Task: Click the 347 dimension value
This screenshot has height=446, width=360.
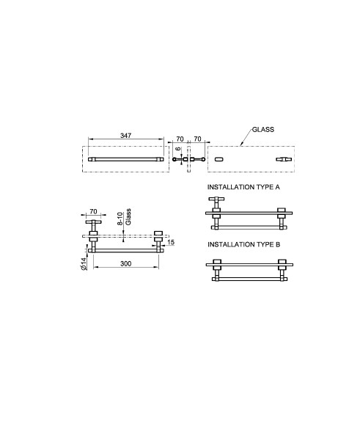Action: (125, 136)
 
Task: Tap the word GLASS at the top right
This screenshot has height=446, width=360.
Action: (263, 129)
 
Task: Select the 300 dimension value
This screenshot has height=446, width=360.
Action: (125, 263)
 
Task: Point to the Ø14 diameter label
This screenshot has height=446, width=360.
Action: (84, 263)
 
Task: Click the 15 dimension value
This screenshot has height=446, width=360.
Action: (171, 242)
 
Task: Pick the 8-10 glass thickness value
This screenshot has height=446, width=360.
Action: (120, 219)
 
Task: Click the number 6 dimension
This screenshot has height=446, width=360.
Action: (178, 149)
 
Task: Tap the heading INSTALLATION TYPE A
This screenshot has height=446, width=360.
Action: (243, 187)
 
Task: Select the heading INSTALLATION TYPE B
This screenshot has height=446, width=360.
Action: (243, 244)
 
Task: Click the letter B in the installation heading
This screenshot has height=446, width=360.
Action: (278, 244)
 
